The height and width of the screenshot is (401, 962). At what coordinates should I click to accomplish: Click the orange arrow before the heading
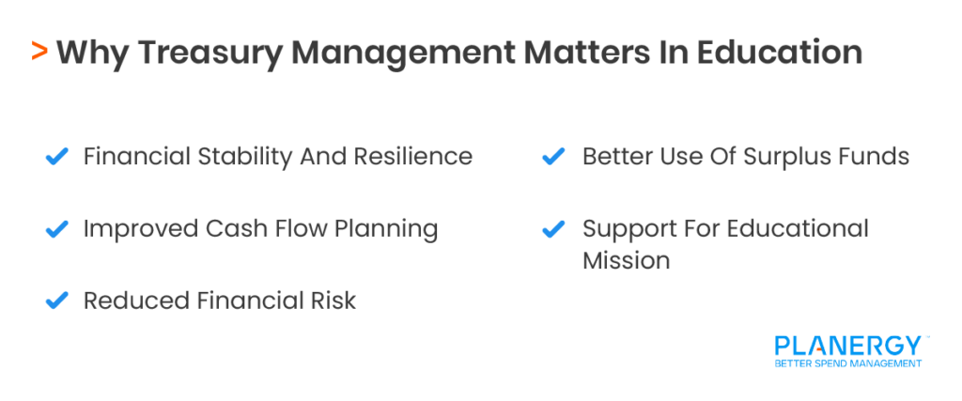(39, 52)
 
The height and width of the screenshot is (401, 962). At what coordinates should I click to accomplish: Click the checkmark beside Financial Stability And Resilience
(57, 157)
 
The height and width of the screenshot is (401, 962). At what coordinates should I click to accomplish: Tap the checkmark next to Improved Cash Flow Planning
(57, 229)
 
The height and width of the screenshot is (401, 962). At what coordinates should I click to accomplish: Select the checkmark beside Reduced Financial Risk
(57, 301)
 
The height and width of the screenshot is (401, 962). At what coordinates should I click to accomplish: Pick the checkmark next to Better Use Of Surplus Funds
(554, 157)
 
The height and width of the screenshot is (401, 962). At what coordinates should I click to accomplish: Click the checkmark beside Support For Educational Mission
(554, 229)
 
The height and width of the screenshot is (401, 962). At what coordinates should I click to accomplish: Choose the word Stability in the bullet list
(243, 156)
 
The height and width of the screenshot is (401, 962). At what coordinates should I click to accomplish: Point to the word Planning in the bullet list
(389, 230)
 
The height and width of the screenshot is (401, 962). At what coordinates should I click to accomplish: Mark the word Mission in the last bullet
(626, 260)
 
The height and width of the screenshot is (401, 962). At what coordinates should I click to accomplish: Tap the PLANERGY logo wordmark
(846, 346)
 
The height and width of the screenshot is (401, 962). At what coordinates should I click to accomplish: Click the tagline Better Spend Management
(846, 363)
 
